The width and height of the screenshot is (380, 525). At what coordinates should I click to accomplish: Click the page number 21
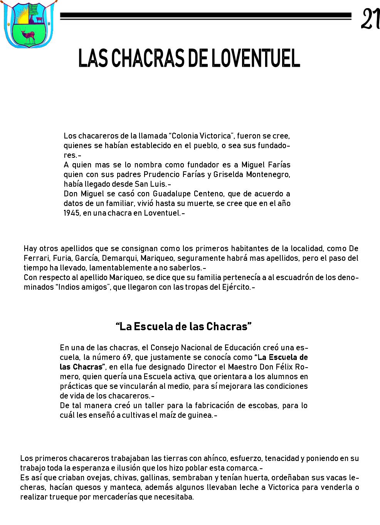point(370,19)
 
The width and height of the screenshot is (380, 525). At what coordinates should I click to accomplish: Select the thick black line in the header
point(206,16)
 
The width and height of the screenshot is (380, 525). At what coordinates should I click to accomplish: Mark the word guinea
point(200,415)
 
